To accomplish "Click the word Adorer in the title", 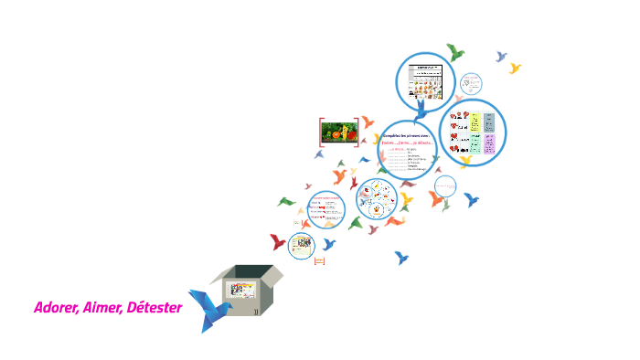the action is point(55,307).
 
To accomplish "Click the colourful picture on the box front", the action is point(240,291).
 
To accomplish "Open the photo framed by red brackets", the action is point(338,132).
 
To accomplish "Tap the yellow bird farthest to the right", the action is point(515,69).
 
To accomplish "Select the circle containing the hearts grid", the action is point(473,132).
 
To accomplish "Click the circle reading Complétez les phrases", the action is point(408,152).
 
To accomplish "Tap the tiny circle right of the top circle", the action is point(471,83).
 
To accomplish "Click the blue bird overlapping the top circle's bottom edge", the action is point(421,111).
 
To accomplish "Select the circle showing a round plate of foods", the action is point(377,198).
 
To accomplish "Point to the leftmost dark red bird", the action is point(278,241).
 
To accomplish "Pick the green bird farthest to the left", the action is point(286,201).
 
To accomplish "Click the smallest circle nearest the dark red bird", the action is point(302,245).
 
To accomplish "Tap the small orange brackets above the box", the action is point(319,261).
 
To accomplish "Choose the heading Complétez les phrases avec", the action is point(408,135).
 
